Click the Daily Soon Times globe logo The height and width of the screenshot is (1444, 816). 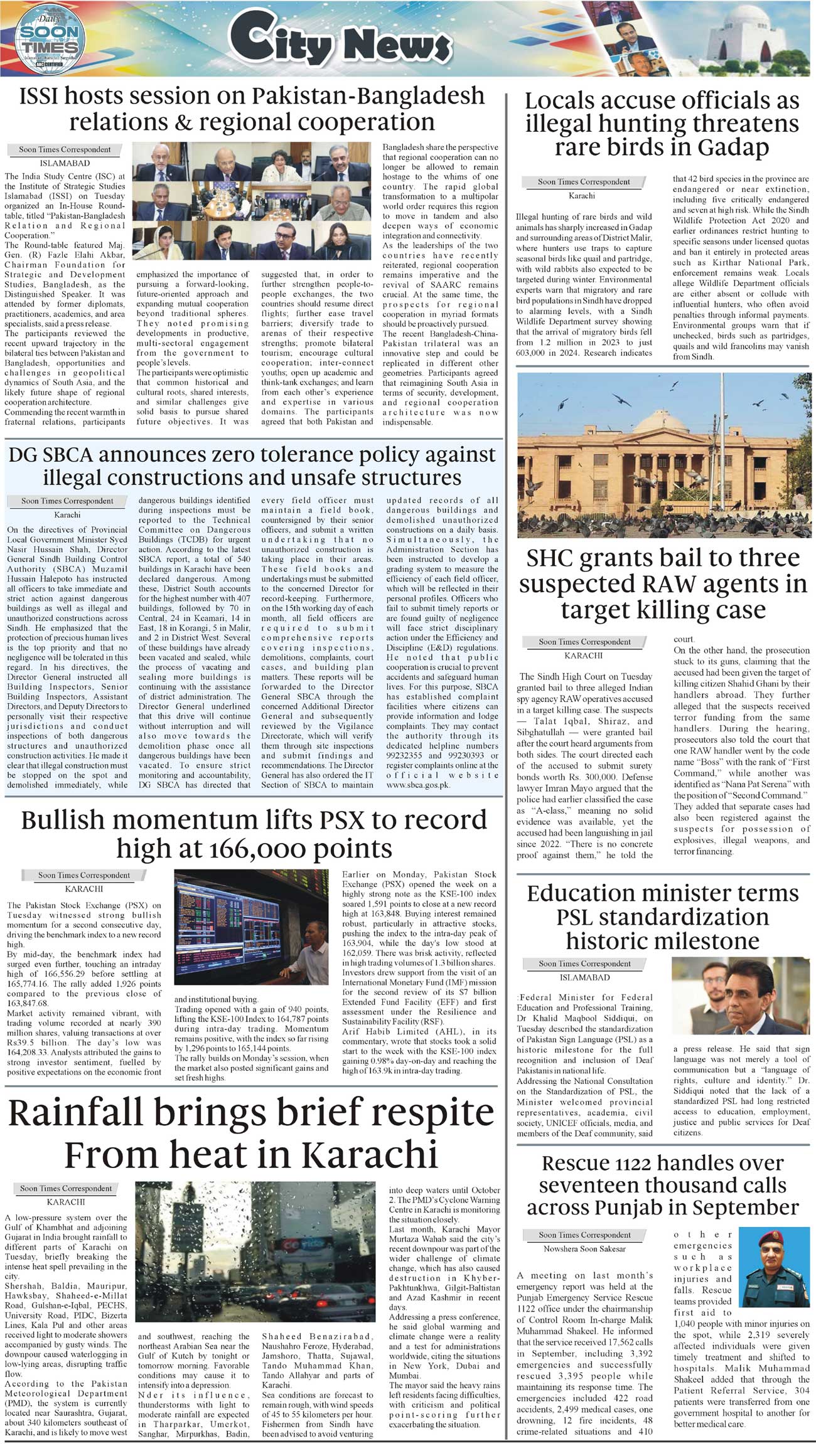[x=48, y=38]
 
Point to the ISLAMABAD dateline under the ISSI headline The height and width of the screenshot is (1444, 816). [x=65, y=163]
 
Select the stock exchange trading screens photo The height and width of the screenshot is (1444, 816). [x=250, y=931]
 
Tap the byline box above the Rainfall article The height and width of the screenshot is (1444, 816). [x=66, y=1188]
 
